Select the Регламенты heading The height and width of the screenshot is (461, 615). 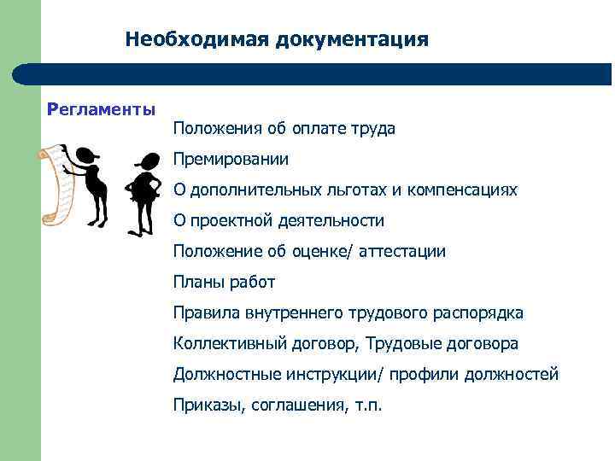click(102, 109)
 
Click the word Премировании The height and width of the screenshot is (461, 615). click(231, 159)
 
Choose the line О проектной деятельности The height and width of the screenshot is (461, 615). click(278, 220)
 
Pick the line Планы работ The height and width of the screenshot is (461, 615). click(224, 282)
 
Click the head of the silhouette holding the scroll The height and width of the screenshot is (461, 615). click(85, 156)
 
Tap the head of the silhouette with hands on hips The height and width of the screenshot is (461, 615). click(148, 160)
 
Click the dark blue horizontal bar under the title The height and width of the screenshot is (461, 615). click(325, 74)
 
